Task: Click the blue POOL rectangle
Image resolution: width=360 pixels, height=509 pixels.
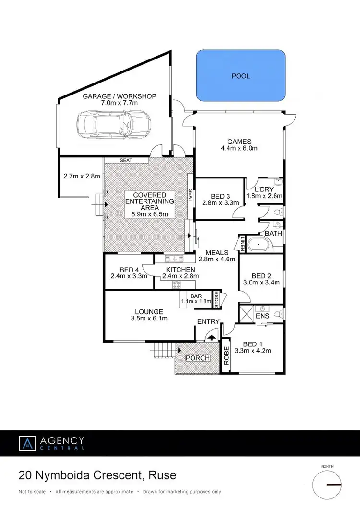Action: point(240,76)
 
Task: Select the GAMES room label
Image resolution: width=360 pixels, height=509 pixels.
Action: point(239,141)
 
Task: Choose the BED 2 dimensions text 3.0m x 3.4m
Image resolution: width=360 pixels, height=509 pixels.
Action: point(262,283)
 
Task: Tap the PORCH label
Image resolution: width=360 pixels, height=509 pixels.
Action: point(197,358)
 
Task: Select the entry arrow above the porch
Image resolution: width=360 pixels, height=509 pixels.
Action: point(212,338)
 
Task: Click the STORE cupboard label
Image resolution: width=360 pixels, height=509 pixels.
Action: point(216,299)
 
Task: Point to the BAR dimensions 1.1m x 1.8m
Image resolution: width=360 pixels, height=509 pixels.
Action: point(196,301)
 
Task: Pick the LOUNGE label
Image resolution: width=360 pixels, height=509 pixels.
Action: point(149,311)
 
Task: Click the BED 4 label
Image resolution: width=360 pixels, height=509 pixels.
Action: point(128,269)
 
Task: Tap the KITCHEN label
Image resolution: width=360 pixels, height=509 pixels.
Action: point(180,269)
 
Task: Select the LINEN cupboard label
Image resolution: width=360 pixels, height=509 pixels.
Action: point(243,243)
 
